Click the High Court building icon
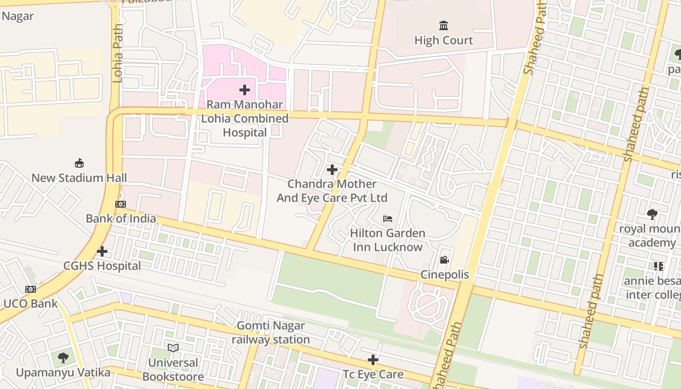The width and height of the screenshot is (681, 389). pyautogui.click(x=444, y=25)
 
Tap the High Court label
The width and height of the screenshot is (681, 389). pyautogui.click(x=444, y=40)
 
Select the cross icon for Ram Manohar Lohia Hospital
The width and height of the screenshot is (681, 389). pyautogui.click(x=245, y=90)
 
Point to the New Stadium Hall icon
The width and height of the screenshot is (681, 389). pyautogui.click(x=79, y=163)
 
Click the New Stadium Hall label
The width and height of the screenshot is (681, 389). pyautogui.click(x=79, y=178)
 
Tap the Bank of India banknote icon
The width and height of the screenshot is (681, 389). pyautogui.click(x=121, y=204)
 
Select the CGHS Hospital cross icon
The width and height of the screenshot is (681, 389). pyautogui.click(x=102, y=251)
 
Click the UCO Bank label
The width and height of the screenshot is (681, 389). pyautogui.click(x=30, y=304)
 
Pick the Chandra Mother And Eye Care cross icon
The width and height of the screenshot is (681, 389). pyautogui.click(x=332, y=170)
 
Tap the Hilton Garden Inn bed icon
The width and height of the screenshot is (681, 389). pyautogui.click(x=388, y=219)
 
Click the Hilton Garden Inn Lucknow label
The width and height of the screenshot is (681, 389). pyautogui.click(x=388, y=240)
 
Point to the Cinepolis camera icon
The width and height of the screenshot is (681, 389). pyautogui.click(x=444, y=260)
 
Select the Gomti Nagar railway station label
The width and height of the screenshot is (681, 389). pyautogui.click(x=270, y=333)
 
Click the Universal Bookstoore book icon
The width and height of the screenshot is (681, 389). pyautogui.click(x=173, y=348)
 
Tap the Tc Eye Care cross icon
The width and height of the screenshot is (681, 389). pyautogui.click(x=373, y=360)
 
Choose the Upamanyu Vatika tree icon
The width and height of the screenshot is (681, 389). pyautogui.click(x=63, y=358)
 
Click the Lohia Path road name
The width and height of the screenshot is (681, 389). pyautogui.click(x=118, y=53)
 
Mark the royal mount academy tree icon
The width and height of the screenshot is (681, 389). pyautogui.click(x=652, y=214)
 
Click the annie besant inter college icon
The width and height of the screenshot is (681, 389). pyautogui.click(x=659, y=266)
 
